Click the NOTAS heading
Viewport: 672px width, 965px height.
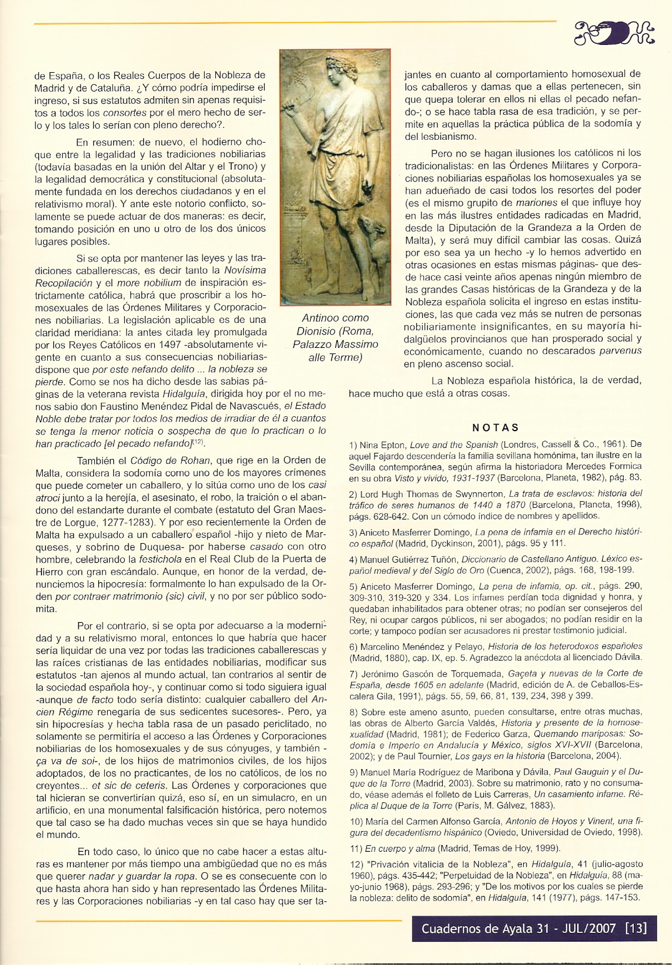(x=495, y=427)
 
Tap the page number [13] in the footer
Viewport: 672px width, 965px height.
(x=635, y=928)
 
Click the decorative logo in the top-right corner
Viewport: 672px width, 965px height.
(x=614, y=33)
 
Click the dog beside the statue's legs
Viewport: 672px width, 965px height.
(x=377, y=244)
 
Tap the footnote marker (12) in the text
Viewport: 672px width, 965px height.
(x=198, y=442)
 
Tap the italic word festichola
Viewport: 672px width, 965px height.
(x=162, y=559)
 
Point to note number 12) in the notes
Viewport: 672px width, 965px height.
(x=356, y=863)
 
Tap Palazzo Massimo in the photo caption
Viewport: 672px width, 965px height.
(x=335, y=344)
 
